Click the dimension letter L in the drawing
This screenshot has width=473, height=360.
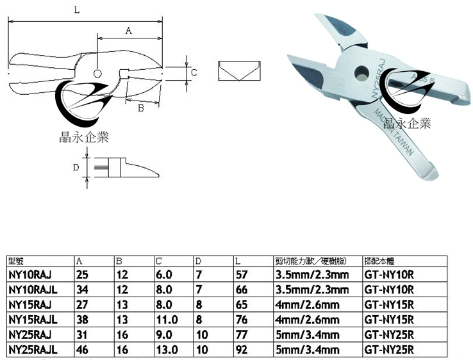pyautogui.click(x=77, y=10)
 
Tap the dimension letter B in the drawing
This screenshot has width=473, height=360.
pyautogui.click(x=140, y=108)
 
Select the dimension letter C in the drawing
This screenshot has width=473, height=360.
pyautogui.click(x=194, y=72)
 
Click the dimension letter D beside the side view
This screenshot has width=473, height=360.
pyautogui.click(x=76, y=167)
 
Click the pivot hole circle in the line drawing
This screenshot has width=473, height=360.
pyautogui.click(x=97, y=73)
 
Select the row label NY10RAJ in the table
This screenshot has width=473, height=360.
pyautogui.click(x=29, y=275)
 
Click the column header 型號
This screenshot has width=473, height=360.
pyautogui.click(x=15, y=261)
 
